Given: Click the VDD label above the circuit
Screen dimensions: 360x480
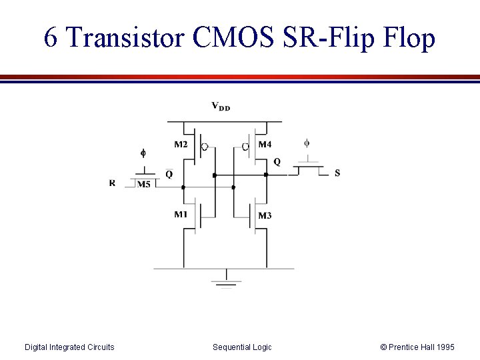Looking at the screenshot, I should pos(221,106).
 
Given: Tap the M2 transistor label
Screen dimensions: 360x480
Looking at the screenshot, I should pos(181,144).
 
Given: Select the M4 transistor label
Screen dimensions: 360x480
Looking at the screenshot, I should pos(265,144).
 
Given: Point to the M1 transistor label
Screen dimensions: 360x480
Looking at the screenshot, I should pos(181,214).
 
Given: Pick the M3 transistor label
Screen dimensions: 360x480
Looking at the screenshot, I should pos(265,215).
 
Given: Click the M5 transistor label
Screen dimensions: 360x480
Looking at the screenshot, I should pos(143,185).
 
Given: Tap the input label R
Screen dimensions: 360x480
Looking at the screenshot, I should pos(111,183).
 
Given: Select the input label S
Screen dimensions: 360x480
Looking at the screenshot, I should pos(337,173).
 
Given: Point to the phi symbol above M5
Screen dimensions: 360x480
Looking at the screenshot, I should pos(143,153).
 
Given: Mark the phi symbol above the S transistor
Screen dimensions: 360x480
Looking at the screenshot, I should pos(307,143).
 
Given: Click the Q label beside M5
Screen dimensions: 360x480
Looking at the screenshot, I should pos(169,174).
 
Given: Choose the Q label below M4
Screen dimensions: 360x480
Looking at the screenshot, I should pos(277,162).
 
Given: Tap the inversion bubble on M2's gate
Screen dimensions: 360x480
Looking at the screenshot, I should pos(205,147).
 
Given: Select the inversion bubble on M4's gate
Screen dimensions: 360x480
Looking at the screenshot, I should pos(245,147).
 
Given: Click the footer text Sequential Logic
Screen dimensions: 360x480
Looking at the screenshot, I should pos(242,347).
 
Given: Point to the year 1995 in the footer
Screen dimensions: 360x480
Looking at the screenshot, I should pos(443,347).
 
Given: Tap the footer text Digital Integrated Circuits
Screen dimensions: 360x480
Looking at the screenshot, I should pos(69,347).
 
